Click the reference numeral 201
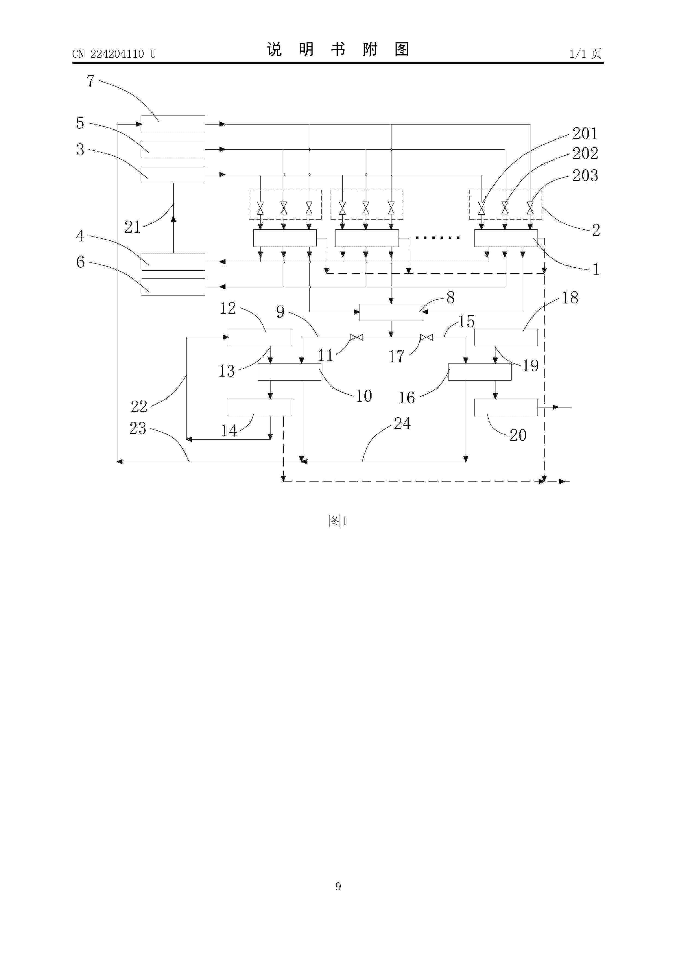585,134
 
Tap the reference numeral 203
585,175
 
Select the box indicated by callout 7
173,124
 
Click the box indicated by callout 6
173,287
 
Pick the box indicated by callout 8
391,312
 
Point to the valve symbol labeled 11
357,337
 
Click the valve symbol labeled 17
426,337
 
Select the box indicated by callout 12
260,337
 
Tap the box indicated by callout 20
506,407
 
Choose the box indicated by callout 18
506,337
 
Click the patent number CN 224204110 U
114,54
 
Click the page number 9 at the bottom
338,886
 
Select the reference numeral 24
402,424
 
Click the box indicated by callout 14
260,407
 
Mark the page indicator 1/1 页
586,54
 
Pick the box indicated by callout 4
173,262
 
